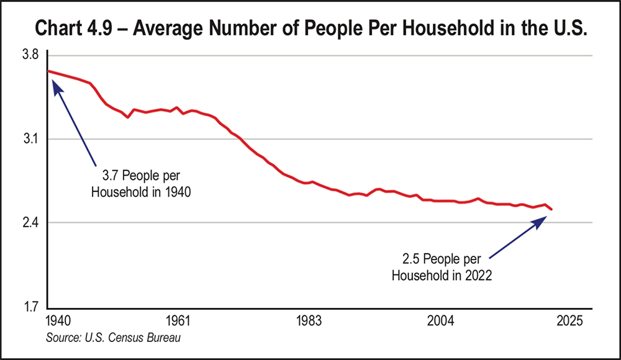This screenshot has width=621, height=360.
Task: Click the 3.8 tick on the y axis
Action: click(x=30, y=55)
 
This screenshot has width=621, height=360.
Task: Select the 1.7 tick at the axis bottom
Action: click(x=30, y=307)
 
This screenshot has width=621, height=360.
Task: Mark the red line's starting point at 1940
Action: click(x=48, y=71)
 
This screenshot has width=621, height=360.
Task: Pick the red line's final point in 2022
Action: click(x=551, y=210)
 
